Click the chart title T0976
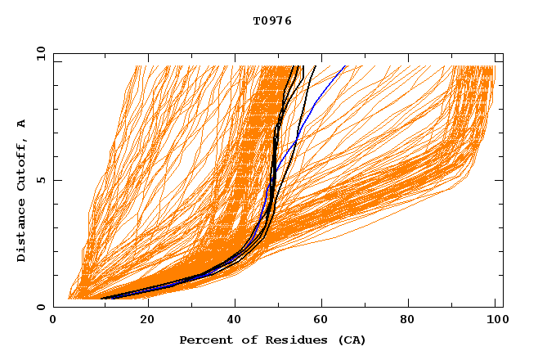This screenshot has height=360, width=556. tap(272, 21)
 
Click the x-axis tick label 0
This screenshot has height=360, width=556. tap(53, 321)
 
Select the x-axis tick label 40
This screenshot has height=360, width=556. tap(235, 321)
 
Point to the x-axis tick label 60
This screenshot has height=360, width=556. tap(324, 321)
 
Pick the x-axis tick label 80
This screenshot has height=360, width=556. tap(413, 321)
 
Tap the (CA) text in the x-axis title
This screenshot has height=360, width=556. tap(352, 340)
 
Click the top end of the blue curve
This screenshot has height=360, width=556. tap(346, 66)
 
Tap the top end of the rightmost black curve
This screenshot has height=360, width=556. tap(316, 66)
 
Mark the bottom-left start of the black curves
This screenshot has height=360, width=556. tap(101, 299)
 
